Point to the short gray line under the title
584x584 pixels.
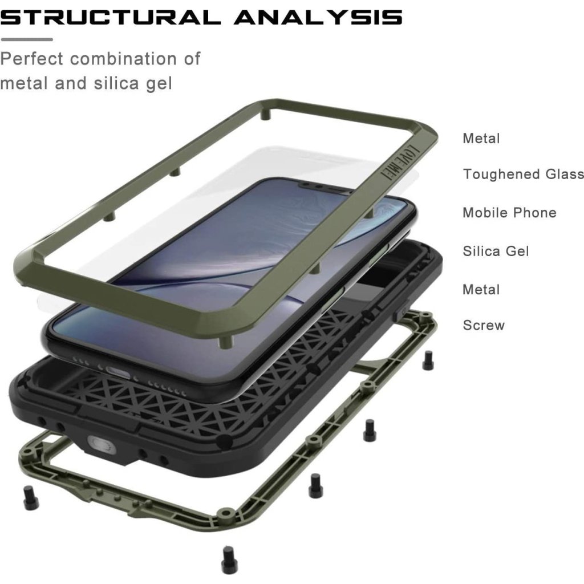click(x=26, y=39)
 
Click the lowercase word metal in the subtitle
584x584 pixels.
click(x=24, y=83)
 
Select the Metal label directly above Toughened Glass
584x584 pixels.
click(x=481, y=139)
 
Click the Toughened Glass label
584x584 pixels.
click(x=523, y=175)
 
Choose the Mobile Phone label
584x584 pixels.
click(x=509, y=213)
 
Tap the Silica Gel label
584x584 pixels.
click(x=496, y=251)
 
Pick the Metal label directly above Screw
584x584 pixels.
click(x=481, y=290)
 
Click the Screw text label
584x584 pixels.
click(x=484, y=326)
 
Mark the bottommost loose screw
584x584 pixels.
click(x=229, y=555)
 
